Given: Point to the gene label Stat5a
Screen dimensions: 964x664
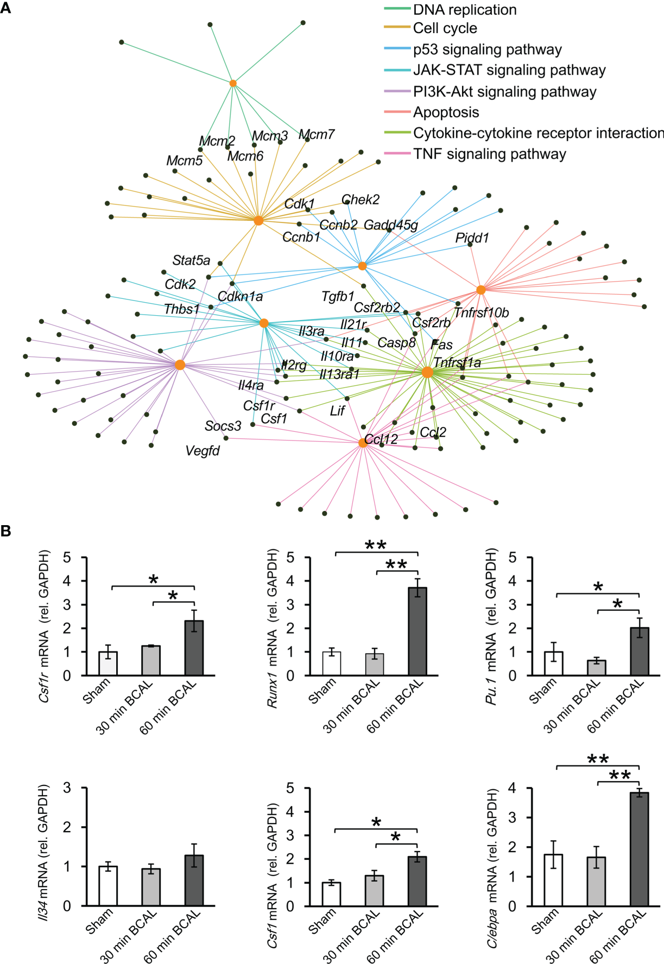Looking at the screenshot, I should pos(191,260).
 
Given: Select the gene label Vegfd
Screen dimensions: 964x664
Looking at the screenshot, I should pos(203,451).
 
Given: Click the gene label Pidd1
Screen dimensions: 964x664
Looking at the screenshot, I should pos(472,238).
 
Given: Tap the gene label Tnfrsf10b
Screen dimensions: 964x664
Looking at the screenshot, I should pos(481,312).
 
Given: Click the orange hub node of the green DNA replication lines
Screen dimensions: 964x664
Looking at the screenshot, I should pos(233,83).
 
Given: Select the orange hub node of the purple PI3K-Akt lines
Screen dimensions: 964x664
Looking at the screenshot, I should pos(180,365).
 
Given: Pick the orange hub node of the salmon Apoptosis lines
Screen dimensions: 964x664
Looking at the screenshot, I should pos(480,290).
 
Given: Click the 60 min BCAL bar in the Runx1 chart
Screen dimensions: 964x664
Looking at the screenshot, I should pos(418,631).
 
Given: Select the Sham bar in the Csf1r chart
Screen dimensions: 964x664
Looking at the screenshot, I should pos(108,663).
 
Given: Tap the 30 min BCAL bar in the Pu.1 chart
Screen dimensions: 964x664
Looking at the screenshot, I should pos(596,668).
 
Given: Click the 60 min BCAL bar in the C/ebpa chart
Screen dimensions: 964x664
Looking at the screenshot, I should pos(639,849).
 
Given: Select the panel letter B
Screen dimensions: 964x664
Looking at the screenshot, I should pos(6,531).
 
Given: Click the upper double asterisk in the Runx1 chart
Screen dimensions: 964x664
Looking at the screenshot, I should pos(376,545).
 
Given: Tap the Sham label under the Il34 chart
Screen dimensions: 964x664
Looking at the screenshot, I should pos(99,921).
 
